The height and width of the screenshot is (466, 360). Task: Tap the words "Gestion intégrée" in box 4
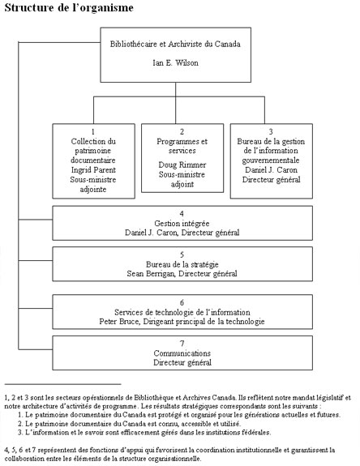point(176,223)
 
